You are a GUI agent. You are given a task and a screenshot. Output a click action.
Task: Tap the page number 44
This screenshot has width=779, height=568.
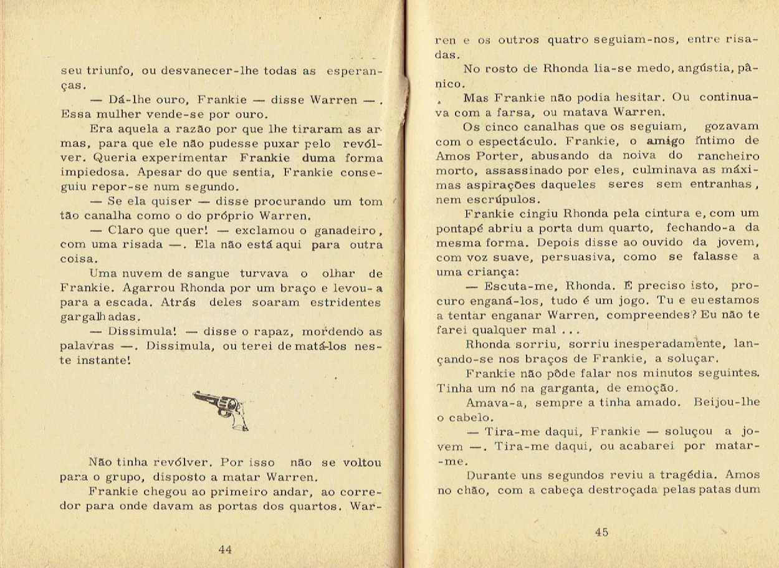point(226,549)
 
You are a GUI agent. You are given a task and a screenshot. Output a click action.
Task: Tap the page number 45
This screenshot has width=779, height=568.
point(601,532)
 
